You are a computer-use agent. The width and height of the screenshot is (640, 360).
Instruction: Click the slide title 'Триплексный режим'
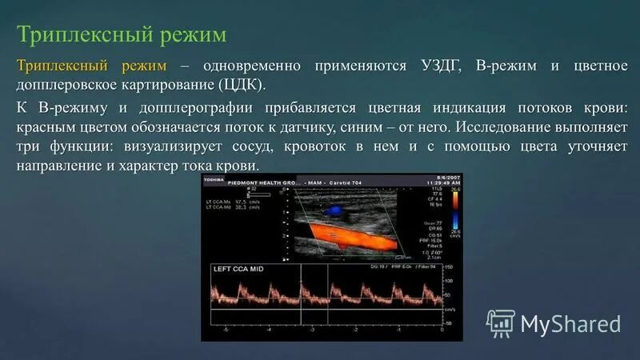click(x=122, y=35)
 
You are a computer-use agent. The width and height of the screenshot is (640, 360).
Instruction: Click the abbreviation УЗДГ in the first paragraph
click(x=436, y=66)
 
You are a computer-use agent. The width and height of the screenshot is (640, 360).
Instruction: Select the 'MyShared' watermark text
click(x=570, y=323)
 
